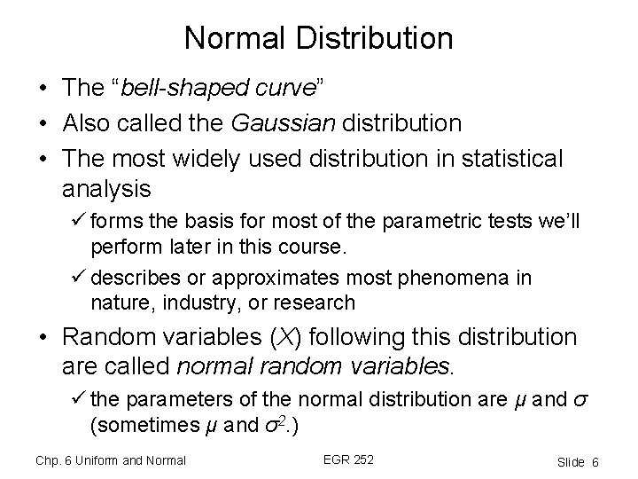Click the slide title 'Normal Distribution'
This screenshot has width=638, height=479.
click(319, 38)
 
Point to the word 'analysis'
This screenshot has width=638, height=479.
click(107, 189)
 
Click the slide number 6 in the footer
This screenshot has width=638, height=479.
click(596, 461)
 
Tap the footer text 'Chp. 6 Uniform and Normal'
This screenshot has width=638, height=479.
click(111, 459)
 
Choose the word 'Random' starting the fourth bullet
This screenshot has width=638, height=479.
click(105, 338)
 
